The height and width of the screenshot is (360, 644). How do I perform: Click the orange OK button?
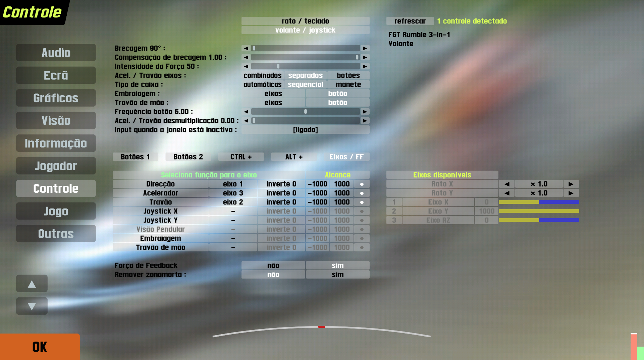point(40,347)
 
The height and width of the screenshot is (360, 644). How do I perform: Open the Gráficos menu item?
point(56,98)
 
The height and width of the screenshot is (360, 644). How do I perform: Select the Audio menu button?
point(56,53)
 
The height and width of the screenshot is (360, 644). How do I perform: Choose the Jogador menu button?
point(56,166)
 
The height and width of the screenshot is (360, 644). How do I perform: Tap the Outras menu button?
point(56,234)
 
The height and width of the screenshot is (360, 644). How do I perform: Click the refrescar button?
point(410,21)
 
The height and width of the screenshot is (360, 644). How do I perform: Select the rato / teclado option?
point(305,21)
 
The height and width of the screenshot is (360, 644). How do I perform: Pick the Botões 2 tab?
point(188,157)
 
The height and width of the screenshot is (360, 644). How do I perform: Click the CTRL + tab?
point(241,157)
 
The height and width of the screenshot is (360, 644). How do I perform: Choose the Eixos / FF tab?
point(346,157)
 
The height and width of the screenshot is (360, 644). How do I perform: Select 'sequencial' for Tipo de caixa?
point(305,84)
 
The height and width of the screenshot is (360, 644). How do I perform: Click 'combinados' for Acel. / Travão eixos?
point(262,75)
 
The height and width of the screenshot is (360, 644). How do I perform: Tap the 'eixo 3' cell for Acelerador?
point(233,193)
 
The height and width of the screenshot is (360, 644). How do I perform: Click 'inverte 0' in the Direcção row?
point(281,184)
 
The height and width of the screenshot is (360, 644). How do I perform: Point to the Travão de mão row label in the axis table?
point(161,247)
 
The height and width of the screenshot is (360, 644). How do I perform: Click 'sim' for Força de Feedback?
point(337,265)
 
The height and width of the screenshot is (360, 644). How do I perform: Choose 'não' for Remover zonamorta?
point(273,275)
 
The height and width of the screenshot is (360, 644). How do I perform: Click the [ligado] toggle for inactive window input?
point(305,130)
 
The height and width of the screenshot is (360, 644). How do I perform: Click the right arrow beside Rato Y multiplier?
point(571,193)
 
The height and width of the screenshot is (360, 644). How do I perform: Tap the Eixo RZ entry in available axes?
point(438,220)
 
